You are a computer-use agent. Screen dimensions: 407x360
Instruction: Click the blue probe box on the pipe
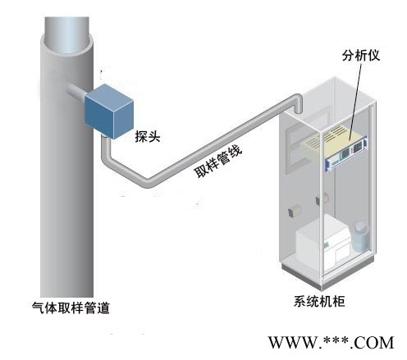109,112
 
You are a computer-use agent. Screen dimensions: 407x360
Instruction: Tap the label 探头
148,136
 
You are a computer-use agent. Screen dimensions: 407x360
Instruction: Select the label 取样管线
218,162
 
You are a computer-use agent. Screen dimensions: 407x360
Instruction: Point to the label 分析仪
361,56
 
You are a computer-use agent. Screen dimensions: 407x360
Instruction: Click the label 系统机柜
319,302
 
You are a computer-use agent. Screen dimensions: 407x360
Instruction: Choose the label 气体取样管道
71,308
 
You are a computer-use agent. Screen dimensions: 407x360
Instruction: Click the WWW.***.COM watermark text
331,343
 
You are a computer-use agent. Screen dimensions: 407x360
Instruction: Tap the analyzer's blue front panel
346,155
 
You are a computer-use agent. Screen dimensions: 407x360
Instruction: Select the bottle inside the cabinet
360,237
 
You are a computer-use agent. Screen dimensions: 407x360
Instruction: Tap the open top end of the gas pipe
67,35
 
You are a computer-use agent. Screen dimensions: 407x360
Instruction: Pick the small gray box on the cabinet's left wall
294,211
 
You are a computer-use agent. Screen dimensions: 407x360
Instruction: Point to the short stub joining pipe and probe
76,91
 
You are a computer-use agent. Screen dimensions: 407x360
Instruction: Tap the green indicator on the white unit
327,244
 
